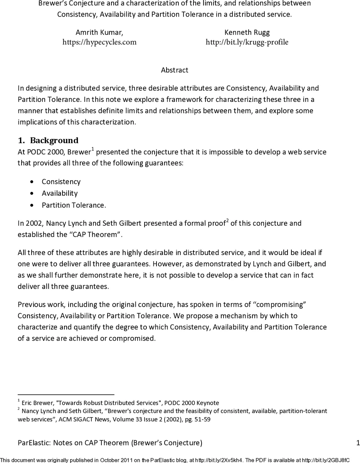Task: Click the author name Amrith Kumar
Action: (99, 32)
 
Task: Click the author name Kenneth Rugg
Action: (247, 32)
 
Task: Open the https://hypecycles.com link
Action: (99, 42)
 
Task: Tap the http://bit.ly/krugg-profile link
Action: (247, 42)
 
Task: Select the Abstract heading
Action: (175, 70)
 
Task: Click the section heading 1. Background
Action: (48, 140)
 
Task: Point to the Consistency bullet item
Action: (61, 182)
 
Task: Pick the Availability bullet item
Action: (59, 193)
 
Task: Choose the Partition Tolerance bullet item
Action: (74, 205)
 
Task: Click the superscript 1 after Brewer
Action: (93, 149)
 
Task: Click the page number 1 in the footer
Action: (358, 443)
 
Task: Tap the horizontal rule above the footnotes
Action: (66, 395)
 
